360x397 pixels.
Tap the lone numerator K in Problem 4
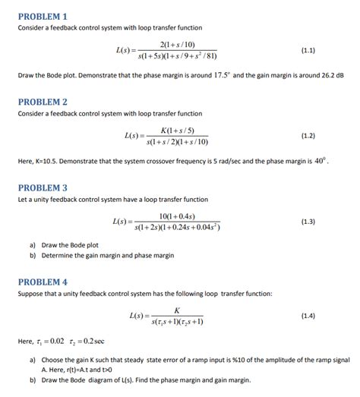click(x=177, y=310)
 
